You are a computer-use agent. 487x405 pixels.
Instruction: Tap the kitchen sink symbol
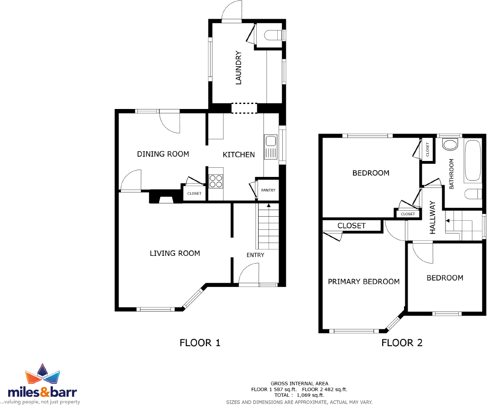[x=270, y=146]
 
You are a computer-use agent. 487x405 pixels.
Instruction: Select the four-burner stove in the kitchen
[x=216, y=181]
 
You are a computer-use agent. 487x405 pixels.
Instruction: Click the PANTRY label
[x=268, y=190]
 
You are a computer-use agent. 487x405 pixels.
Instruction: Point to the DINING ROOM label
[x=163, y=154]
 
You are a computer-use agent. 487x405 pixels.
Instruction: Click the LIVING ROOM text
[x=175, y=253]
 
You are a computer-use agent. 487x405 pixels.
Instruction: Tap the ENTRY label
[x=255, y=255]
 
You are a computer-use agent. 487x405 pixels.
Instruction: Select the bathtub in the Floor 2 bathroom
[x=472, y=161]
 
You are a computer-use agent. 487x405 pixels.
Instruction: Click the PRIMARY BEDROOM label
[x=363, y=282]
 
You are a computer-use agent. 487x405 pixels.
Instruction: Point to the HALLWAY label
[x=433, y=218]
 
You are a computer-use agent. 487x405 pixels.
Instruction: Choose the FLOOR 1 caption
[x=200, y=343]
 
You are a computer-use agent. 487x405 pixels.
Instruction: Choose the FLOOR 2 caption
[x=402, y=343]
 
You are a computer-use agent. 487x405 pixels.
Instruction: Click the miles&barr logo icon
[x=42, y=375]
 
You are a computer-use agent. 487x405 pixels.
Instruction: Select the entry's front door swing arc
[x=249, y=274]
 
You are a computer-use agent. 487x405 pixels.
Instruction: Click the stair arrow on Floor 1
[x=269, y=207]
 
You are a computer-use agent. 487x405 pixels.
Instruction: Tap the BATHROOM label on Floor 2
[x=452, y=174]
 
